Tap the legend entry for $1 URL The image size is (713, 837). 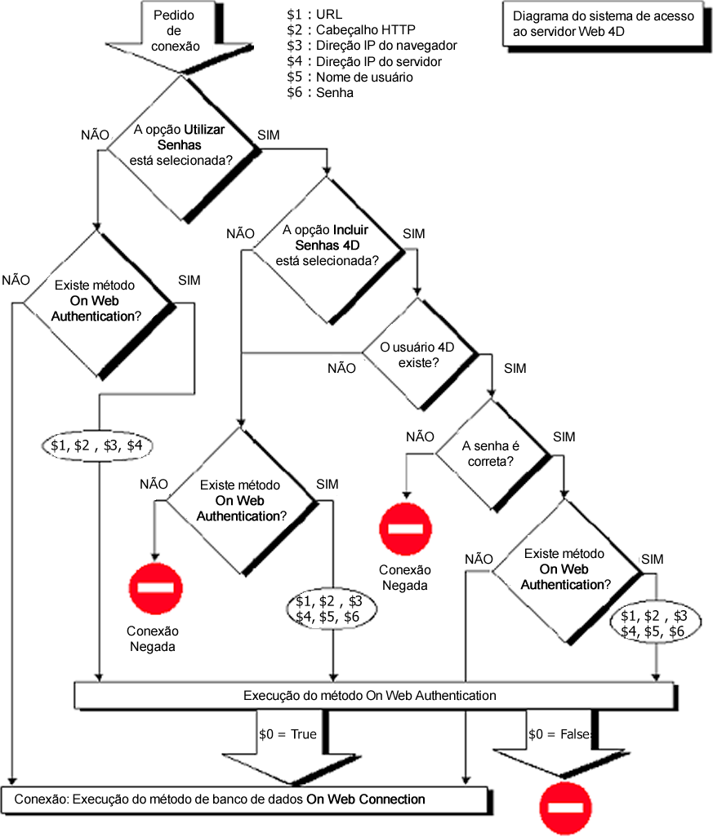[315, 15]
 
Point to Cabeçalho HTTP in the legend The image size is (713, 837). [355, 30]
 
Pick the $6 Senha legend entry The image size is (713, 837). [320, 92]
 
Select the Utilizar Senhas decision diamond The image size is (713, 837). [179, 148]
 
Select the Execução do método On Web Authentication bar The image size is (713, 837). [373, 696]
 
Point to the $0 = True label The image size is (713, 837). [287, 734]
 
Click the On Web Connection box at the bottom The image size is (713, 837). [244, 799]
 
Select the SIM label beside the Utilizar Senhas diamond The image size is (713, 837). [269, 135]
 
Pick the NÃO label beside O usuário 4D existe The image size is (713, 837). [341, 368]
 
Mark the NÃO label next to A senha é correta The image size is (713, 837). [420, 436]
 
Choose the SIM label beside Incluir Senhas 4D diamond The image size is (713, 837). [414, 234]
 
